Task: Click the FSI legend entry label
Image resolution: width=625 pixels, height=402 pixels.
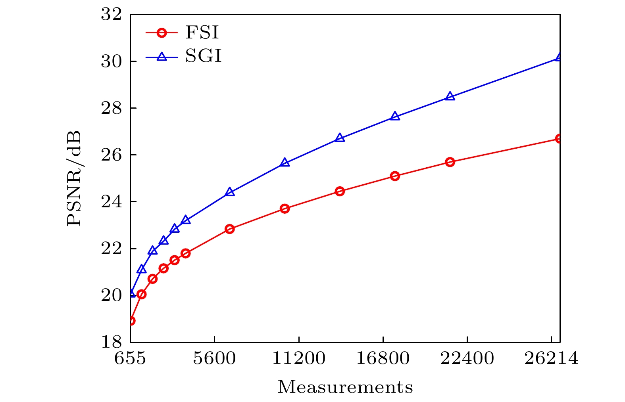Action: pos(202,33)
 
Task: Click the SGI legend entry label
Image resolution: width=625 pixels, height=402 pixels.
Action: pos(203,56)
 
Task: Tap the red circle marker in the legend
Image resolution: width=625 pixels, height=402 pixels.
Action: pos(161,33)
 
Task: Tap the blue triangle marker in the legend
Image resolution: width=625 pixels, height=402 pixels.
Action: pos(161,57)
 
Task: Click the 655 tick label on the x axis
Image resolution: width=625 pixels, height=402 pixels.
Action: pos(131,359)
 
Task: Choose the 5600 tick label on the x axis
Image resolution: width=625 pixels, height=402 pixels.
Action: pos(214,359)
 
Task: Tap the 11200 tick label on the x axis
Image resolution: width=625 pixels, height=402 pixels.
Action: pos(298,359)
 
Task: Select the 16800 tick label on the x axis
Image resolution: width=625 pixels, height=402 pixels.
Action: pos(383,359)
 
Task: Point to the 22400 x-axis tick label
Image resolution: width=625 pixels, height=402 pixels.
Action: pos(467,359)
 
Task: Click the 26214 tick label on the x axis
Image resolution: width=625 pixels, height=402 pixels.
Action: pos(551,359)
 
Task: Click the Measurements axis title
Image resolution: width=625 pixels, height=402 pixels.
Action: pos(345,387)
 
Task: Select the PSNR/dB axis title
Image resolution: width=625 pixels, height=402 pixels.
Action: pos(74,178)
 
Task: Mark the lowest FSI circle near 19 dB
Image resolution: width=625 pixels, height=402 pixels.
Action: pos(131,320)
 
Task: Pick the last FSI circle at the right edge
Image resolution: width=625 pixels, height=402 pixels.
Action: pos(559,138)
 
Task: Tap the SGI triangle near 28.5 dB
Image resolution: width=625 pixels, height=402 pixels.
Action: pos(450,96)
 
